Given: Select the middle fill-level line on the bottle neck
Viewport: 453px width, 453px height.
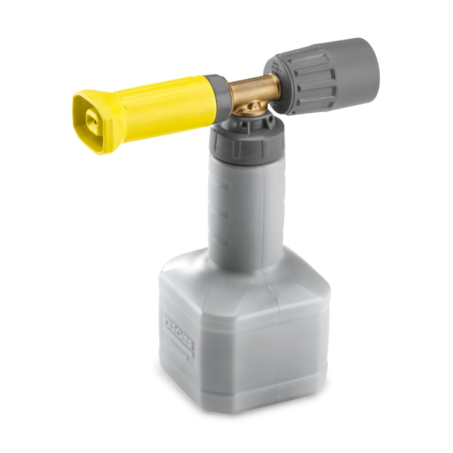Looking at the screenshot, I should [217, 211].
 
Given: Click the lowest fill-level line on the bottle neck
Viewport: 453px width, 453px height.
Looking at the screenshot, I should [217, 237].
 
